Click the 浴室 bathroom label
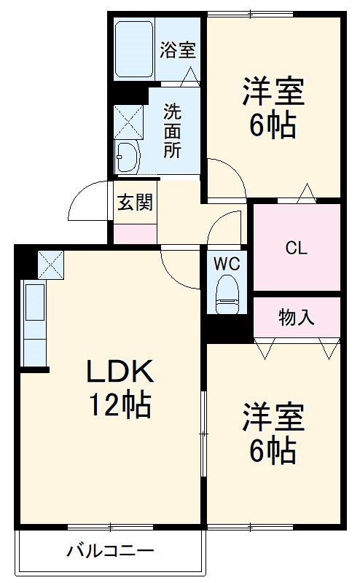pyautogui.click(x=178, y=50)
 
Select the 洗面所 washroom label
pyautogui.click(x=172, y=131)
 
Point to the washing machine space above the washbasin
pyautogui.click(x=128, y=120)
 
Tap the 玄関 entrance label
pyautogui.click(x=135, y=202)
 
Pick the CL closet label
pyautogui.click(x=296, y=248)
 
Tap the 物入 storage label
pyautogui.click(x=297, y=317)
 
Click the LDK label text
pyautogui.click(x=120, y=373)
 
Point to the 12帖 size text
pyautogui.click(x=120, y=404)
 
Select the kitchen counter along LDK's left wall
pyautogui.click(x=34, y=324)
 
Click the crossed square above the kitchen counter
pyautogui.click(x=51, y=263)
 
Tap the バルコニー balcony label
pyautogui.click(x=111, y=550)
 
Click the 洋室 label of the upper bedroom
pyautogui.click(x=273, y=93)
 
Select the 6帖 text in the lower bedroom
pyautogui.click(x=273, y=452)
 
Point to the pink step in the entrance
pyautogui.click(x=135, y=235)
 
